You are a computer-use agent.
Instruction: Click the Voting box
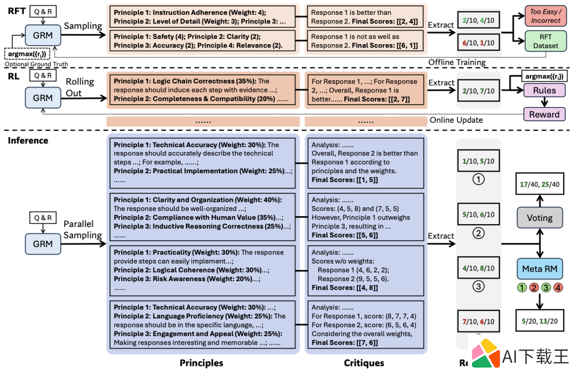coord(539,218)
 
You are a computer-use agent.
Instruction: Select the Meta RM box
coord(539,269)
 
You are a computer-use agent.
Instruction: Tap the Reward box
coord(544,114)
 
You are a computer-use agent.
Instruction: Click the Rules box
coord(544,90)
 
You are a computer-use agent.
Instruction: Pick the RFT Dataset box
coord(545,41)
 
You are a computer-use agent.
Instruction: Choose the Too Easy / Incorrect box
coord(545,16)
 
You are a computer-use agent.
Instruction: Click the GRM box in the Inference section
coord(43,244)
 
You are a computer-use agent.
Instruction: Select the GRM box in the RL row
coord(43,98)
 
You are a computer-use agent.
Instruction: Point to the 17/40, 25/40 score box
coord(539,184)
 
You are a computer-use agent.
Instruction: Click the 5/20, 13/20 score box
coord(539,321)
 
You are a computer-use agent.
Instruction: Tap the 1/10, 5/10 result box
coord(478,160)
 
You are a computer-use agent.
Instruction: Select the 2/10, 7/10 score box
coord(478,91)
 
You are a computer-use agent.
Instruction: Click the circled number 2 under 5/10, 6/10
coord(478,233)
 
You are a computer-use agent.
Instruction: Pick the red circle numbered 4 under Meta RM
coord(558,287)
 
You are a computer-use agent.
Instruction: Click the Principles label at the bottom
coord(201,363)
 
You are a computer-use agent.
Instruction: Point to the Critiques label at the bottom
coord(364,363)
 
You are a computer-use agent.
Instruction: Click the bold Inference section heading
coord(28,141)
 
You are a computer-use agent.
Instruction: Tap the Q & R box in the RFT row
coord(43,12)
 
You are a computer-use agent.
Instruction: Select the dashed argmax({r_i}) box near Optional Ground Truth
coord(27,54)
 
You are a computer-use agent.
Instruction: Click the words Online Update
coord(456,120)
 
